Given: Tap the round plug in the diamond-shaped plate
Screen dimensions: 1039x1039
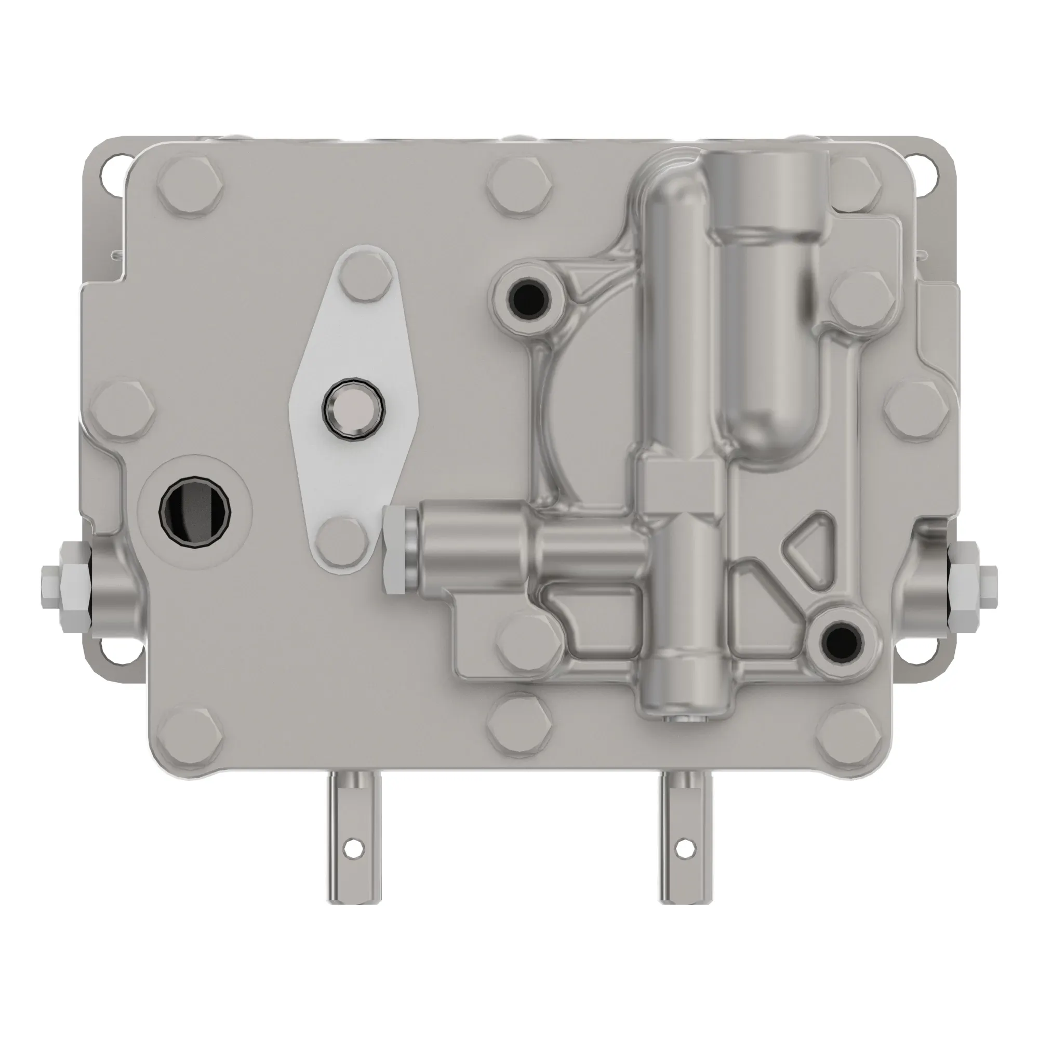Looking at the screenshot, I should [353, 409].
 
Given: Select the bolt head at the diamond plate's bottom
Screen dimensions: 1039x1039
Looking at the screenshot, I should [343, 544].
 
